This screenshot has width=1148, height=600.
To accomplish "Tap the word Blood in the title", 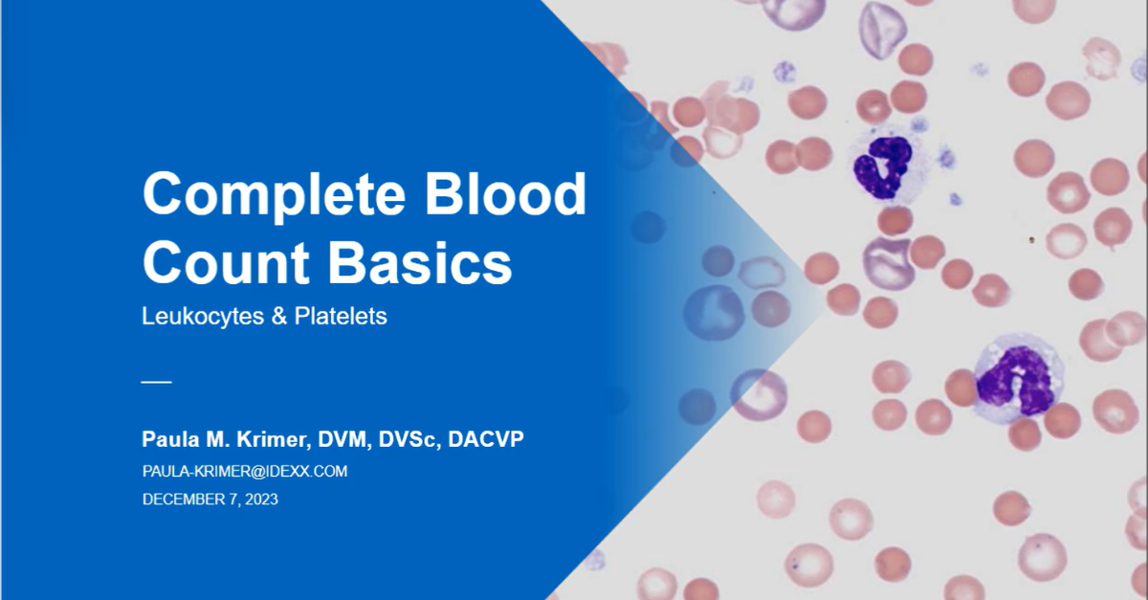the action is tap(506, 194).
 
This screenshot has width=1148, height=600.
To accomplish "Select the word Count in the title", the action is tap(226, 262).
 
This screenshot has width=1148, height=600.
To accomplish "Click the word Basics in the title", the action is tap(420, 262).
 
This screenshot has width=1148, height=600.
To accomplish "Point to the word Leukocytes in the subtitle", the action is tap(203, 317).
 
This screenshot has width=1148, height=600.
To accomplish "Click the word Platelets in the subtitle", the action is tap(341, 316).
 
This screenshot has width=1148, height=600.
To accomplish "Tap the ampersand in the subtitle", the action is tap(278, 317).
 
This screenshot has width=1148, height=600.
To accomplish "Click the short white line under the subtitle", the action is tap(156, 382).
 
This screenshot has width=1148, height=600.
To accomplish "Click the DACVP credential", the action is tap(486, 439).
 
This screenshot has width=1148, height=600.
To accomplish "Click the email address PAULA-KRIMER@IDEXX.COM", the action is tap(245, 471).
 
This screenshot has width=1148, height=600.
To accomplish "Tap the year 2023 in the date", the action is tap(261, 500).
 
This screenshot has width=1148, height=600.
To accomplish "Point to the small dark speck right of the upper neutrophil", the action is tap(1031, 239).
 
